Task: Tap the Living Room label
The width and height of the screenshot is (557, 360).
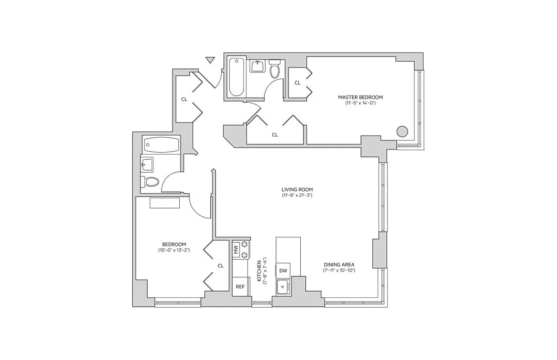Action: point(297,189)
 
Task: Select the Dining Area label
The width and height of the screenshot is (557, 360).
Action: point(339,265)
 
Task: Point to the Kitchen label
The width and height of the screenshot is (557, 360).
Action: point(259,271)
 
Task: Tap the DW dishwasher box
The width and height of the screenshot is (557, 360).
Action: point(283,270)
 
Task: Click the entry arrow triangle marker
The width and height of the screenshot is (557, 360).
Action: point(210,60)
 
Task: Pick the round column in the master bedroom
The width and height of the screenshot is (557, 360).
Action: point(402,132)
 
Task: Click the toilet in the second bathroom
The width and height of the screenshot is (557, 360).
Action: point(150,182)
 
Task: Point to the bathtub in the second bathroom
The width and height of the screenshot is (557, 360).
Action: point(161,144)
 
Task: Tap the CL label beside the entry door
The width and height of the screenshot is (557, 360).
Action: point(184,99)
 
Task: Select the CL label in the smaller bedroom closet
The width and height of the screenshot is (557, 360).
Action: point(220,265)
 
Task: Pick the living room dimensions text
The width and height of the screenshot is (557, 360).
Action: point(297,196)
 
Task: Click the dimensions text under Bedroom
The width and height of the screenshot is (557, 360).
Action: point(174,250)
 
